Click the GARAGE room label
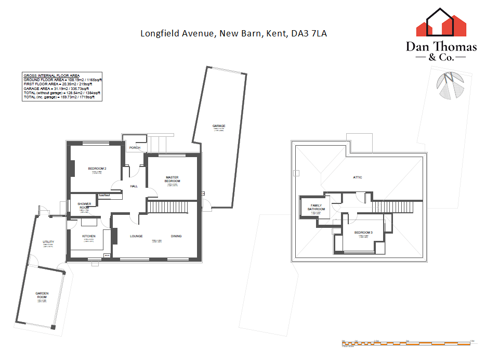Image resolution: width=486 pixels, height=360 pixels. (x=218, y=126)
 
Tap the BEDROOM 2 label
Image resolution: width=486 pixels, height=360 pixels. (x=97, y=169)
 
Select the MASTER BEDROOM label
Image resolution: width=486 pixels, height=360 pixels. (x=172, y=179)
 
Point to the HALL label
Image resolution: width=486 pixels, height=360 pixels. (x=134, y=186)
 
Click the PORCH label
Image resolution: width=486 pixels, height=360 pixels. (x=135, y=148)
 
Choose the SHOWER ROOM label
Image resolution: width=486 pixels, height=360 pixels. (x=84, y=206)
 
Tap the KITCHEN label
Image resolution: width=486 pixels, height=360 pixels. (x=89, y=237)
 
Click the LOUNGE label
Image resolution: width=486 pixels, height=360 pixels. (x=136, y=236)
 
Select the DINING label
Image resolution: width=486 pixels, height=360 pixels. (x=176, y=236)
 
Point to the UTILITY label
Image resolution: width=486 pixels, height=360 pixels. (x=48, y=242)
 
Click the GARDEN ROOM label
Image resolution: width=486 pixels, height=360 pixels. (x=42, y=295)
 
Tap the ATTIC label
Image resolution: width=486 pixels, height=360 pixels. (x=358, y=177)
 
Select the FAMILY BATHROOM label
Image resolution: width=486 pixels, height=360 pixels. (x=317, y=208)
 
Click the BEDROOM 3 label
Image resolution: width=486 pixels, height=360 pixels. (x=363, y=232)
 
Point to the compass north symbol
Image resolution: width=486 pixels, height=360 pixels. (x=450, y=85)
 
